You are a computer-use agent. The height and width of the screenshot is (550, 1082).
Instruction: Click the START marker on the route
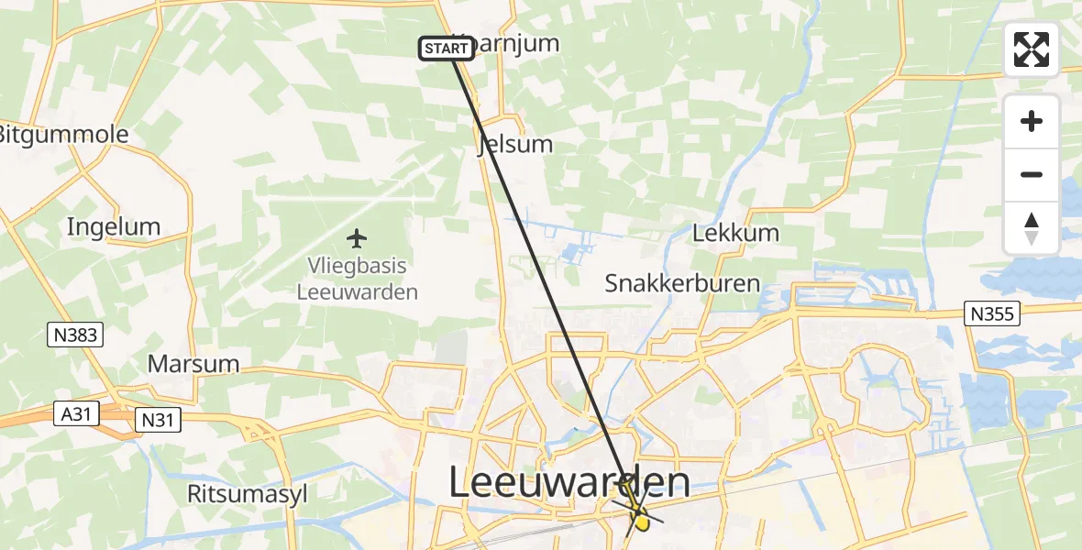[x=447, y=48]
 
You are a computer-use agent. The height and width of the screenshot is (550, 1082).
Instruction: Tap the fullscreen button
[x=1032, y=49]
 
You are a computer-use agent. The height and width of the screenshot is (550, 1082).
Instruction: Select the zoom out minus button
[x=1032, y=174]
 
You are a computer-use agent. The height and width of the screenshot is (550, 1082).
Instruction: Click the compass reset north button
[x=1032, y=227]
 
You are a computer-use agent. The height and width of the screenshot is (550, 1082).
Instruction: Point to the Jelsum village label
[x=515, y=145]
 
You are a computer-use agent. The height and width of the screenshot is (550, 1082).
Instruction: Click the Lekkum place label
[x=735, y=233]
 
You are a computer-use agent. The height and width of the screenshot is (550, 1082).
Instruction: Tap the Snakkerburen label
[x=682, y=283]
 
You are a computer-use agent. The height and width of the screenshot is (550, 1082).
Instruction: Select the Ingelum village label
[x=114, y=227]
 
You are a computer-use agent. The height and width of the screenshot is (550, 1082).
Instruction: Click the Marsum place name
[x=193, y=364]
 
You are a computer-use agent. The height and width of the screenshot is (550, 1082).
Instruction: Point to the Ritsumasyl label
[x=248, y=494]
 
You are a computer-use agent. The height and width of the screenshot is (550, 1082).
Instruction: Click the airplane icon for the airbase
[x=357, y=239]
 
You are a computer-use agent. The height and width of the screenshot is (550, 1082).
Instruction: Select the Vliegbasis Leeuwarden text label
[x=357, y=280]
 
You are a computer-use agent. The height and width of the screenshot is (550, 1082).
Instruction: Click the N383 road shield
[x=74, y=335]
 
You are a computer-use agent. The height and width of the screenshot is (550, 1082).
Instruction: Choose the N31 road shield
[x=157, y=420]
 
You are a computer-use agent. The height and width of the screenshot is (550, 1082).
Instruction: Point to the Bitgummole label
[x=62, y=136]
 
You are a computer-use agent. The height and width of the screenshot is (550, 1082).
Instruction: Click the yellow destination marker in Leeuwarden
[x=641, y=522]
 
